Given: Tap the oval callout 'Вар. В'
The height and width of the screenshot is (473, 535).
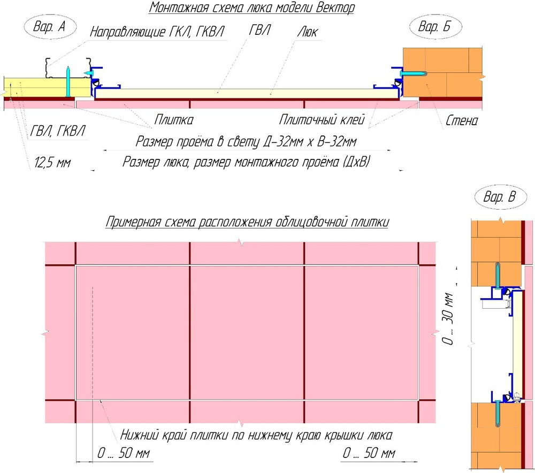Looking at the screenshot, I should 499,197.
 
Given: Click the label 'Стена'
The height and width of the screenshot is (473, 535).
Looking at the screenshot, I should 462,120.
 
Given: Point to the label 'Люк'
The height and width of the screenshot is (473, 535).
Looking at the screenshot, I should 307,32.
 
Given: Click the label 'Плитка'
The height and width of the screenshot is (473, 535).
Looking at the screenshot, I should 174,119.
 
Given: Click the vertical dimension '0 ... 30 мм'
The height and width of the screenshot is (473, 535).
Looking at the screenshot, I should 449,318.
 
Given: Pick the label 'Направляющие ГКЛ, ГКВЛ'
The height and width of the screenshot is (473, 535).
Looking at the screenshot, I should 157,32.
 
